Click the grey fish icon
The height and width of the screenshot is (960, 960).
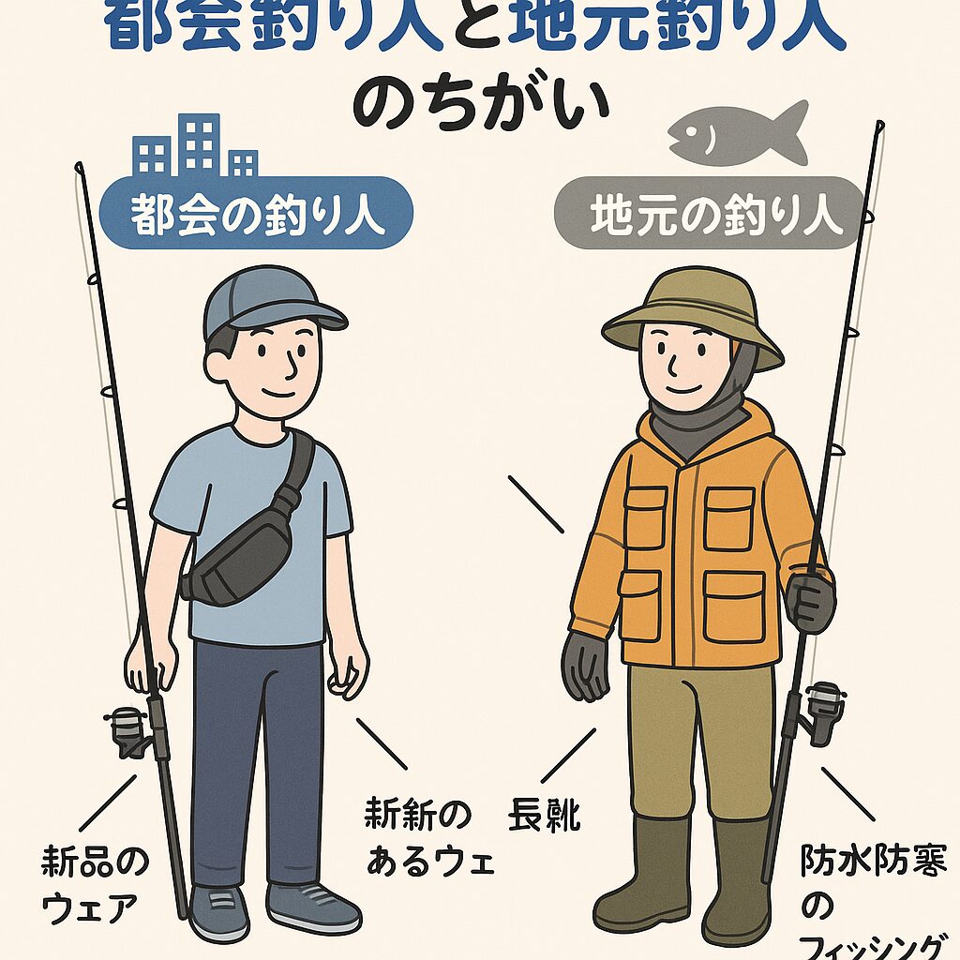738,132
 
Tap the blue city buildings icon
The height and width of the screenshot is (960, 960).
196,147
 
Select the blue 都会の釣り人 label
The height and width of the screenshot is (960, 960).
257,215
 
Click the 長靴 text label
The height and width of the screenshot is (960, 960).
544,817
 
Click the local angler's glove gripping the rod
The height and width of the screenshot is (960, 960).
811,601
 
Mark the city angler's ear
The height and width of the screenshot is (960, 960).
217,365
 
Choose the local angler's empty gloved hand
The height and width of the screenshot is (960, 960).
585,666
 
